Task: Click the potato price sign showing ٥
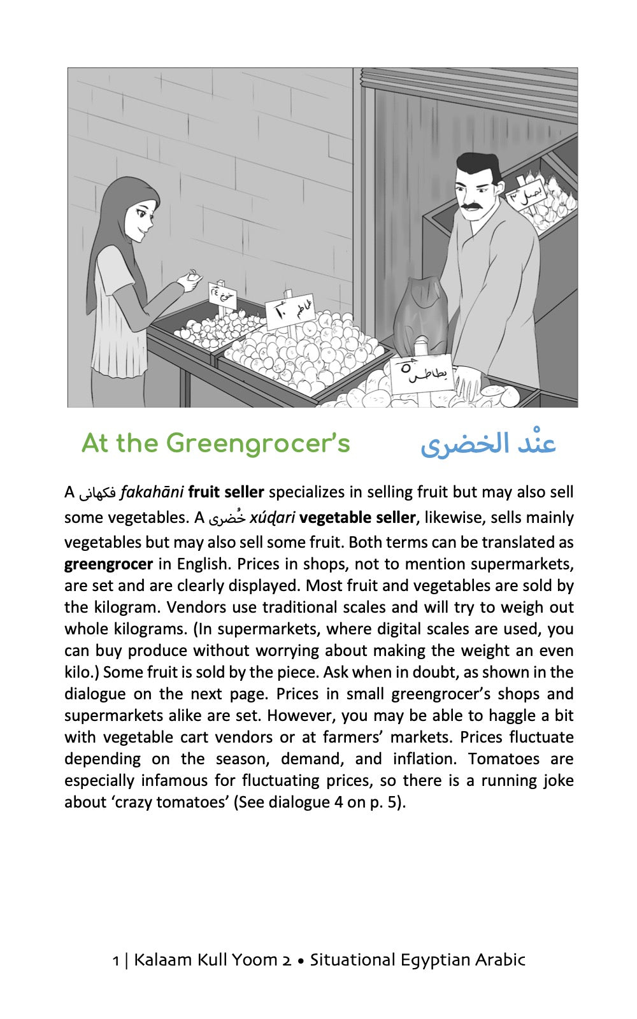click(420, 373)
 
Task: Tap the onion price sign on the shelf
click(526, 193)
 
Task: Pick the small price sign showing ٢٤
click(222, 295)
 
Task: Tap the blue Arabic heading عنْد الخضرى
click(488, 444)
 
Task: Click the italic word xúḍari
click(272, 518)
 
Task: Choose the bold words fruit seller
click(226, 492)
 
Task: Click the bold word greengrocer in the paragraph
click(108, 564)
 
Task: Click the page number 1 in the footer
click(115, 960)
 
